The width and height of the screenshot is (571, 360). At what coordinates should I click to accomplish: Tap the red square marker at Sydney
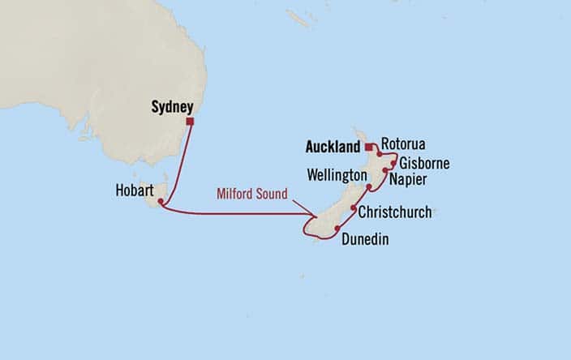tap(190, 122)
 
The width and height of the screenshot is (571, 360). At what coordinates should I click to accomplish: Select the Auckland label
tap(333, 148)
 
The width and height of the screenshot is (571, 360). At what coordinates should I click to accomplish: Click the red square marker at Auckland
tap(367, 148)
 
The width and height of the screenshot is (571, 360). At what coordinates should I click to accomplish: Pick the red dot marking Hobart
tap(161, 201)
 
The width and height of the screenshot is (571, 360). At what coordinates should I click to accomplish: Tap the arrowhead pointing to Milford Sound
tap(315, 216)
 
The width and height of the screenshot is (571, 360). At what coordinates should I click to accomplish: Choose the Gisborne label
tap(423, 163)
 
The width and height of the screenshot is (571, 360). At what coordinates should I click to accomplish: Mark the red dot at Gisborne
tap(393, 162)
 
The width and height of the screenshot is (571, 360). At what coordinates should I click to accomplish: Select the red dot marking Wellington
tap(369, 187)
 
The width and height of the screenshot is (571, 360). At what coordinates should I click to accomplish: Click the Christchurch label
tap(395, 212)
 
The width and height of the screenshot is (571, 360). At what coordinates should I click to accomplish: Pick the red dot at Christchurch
tap(354, 208)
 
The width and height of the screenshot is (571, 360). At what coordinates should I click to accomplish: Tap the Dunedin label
tap(364, 239)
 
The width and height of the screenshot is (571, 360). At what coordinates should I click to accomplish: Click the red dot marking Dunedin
tap(337, 229)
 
